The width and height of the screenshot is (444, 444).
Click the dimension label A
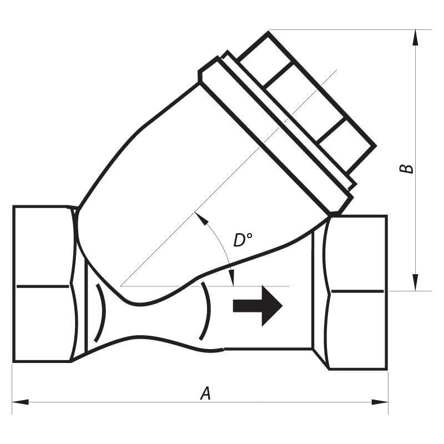point(205,393)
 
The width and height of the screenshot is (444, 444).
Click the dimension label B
point(407,168)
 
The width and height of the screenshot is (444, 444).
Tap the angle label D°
point(243,240)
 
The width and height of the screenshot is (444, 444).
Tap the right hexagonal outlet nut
point(356,292)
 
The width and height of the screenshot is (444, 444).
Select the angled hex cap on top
point(307,103)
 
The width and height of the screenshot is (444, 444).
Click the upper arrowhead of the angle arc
point(201,219)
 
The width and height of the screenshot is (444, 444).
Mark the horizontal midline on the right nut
point(357,291)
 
